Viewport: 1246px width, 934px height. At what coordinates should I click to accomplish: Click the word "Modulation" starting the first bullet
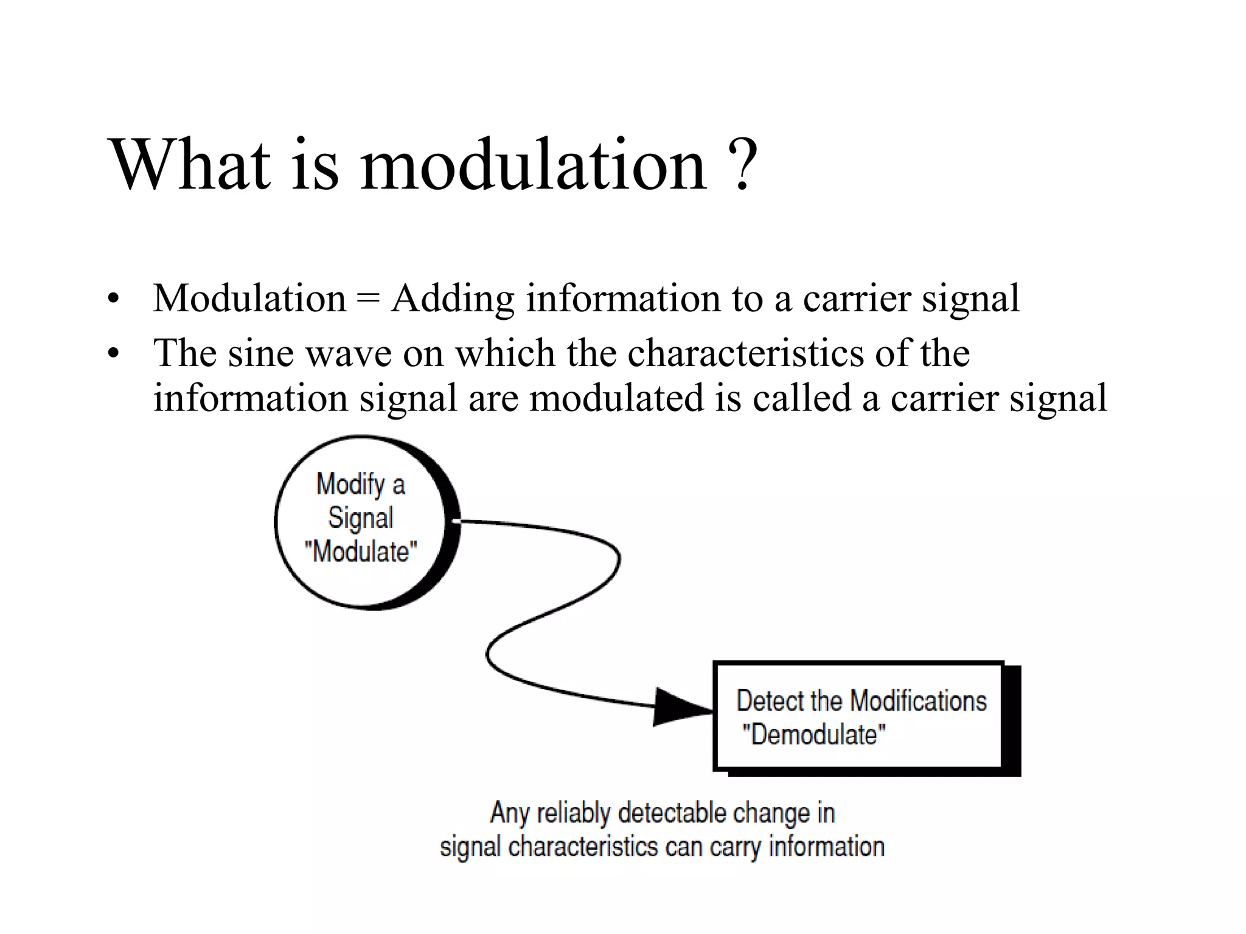click(x=249, y=299)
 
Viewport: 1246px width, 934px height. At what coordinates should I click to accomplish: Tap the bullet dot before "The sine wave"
click(x=113, y=353)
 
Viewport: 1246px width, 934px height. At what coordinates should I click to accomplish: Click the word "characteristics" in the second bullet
click(x=745, y=353)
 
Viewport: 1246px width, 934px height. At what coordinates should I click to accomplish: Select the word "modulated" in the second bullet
click(x=616, y=398)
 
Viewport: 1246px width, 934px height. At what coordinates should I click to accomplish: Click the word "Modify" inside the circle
click(x=351, y=485)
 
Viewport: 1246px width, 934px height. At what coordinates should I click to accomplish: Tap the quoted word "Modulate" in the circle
click(x=361, y=552)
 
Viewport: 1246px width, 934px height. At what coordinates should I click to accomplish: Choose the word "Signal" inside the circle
click(x=361, y=518)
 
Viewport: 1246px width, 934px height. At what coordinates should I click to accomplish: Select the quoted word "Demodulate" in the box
click(x=814, y=735)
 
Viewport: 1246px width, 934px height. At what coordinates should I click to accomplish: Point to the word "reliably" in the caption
click(x=573, y=814)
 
